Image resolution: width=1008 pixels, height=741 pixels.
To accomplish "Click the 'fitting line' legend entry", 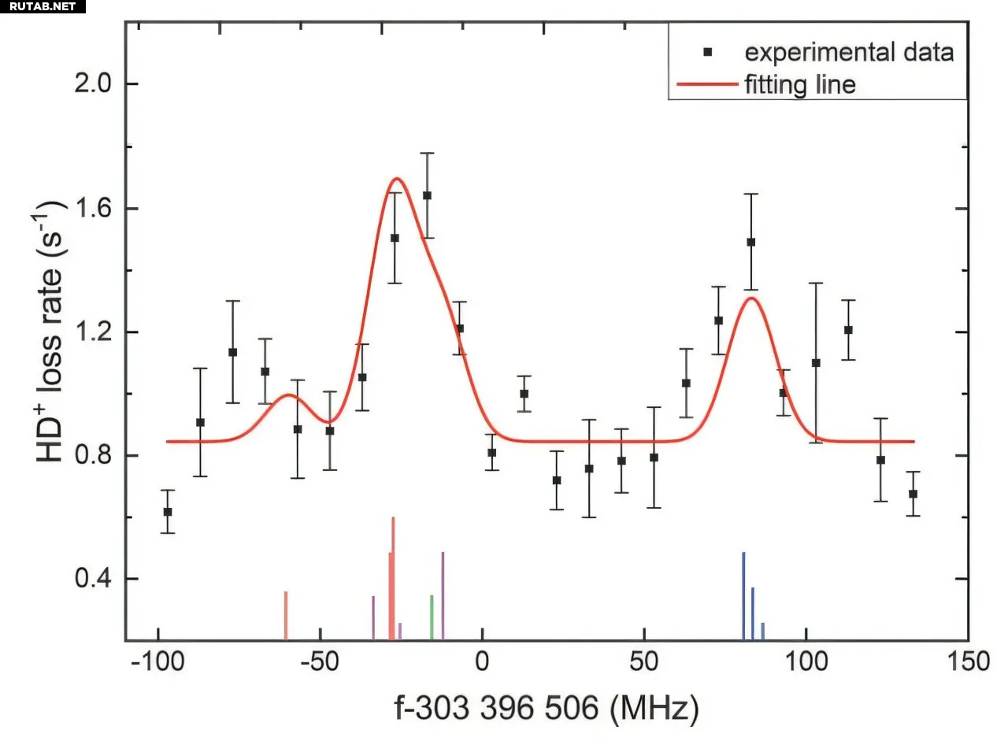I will tap(800, 84).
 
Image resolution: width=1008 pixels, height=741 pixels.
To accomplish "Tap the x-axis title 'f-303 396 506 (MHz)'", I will tap(546, 710).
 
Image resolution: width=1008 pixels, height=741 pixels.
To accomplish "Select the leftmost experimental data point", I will tap(167, 512).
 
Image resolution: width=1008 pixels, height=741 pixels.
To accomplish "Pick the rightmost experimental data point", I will tap(913, 494).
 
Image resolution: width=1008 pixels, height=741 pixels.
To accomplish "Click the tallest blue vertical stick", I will tap(743, 595).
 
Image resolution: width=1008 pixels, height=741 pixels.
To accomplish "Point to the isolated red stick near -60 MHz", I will tap(286, 615).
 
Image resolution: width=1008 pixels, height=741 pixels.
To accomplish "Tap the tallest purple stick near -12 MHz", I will tap(443, 595).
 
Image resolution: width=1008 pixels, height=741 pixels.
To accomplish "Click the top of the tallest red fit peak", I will tap(396, 179).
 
